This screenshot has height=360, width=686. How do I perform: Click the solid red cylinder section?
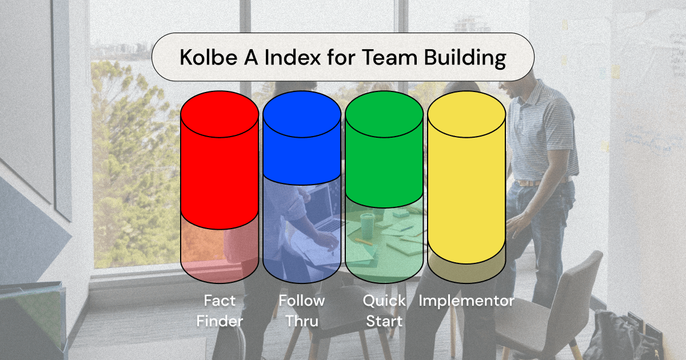[x=219, y=166]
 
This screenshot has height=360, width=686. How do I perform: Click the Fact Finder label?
[x=220, y=310]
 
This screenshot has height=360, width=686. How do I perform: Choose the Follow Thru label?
[x=302, y=310]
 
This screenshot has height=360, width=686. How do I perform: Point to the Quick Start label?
[x=384, y=310]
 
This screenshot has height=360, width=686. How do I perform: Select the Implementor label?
[x=466, y=301]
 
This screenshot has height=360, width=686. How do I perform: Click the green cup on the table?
[x=367, y=223]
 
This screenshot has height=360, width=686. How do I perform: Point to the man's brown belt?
[x=529, y=182]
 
